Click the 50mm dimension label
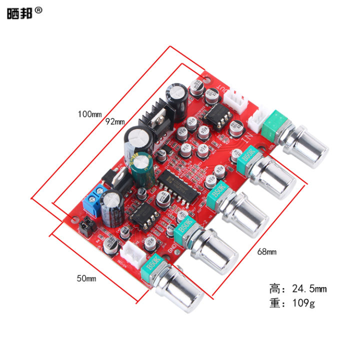click(x=86, y=278)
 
